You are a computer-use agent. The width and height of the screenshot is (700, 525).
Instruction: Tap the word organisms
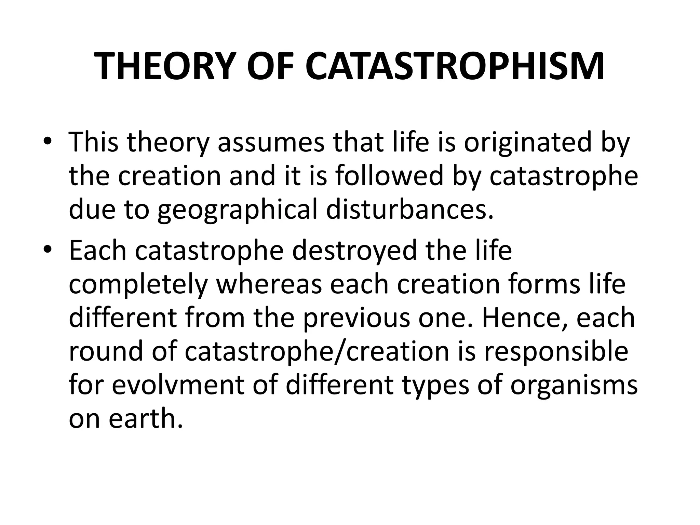pos(574,386)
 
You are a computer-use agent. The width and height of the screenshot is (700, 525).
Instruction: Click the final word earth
pos(145,418)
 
